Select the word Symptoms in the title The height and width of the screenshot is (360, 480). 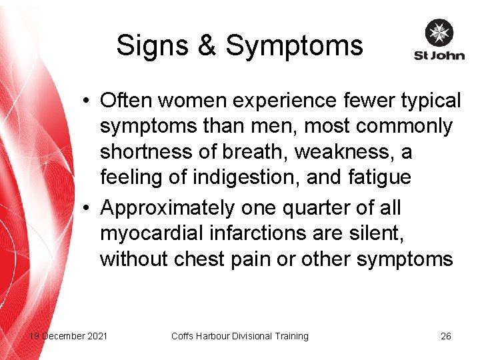[294, 46]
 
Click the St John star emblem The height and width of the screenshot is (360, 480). [439, 33]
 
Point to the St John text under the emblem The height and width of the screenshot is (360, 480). [439, 55]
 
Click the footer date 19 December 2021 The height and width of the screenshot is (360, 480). [67, 336]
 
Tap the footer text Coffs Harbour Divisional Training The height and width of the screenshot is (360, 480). [240, 336]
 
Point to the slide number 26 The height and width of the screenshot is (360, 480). [446, 336]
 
